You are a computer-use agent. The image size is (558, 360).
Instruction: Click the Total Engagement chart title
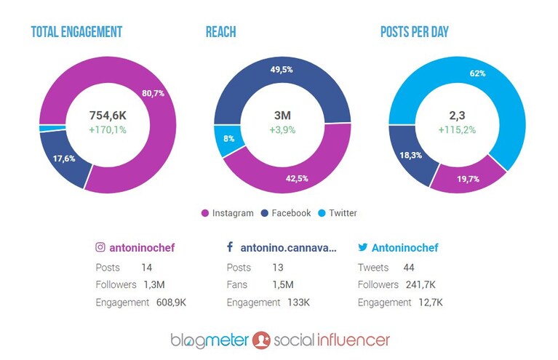[76, 32]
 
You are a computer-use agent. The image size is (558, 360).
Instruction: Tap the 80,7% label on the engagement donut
[153, 93]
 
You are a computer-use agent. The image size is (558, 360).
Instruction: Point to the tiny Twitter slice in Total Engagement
[52, 129]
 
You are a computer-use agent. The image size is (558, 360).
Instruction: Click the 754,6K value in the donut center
[108, 115]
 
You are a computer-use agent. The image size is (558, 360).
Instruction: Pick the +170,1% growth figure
[108, 130]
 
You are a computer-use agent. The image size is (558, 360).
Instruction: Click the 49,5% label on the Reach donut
[282, 69]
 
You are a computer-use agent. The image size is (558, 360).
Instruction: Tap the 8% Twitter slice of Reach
[228, 140]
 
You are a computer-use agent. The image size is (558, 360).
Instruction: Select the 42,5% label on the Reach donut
[297, 178]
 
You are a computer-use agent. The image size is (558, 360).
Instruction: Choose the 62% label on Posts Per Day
[477, 73]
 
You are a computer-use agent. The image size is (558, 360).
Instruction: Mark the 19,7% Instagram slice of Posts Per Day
[468, 177]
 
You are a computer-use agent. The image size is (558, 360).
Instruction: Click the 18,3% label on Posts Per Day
[410, 155]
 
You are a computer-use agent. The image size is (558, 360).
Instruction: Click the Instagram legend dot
[204, 213]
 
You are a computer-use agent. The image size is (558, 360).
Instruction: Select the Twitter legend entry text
[343, 213]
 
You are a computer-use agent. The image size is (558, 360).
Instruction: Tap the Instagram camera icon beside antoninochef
[100, 247]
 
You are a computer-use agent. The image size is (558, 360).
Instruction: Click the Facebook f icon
[230, 247]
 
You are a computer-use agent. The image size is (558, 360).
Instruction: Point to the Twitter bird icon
[362, 247]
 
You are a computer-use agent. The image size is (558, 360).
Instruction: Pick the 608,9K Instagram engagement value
[171, 303]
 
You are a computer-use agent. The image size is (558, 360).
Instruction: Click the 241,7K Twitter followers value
[421, 284]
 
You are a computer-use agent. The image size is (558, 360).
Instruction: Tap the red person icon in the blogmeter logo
[261, 340]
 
